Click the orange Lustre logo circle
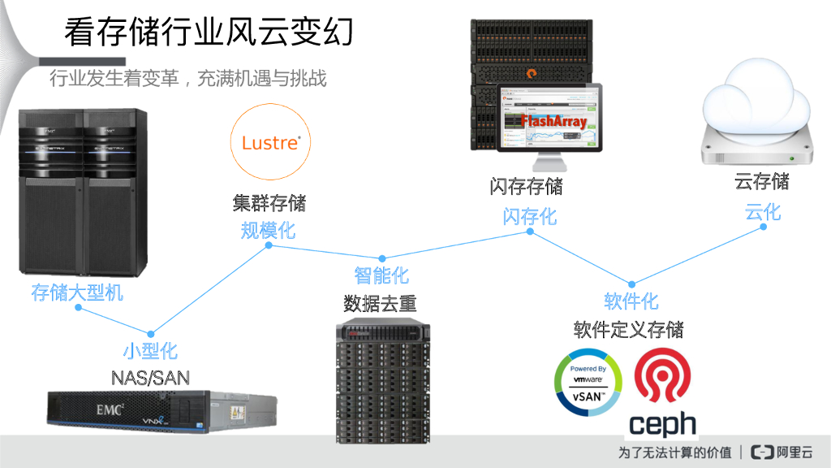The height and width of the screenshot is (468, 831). tap(270, 142)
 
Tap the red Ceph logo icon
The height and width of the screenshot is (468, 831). tap(663, 376)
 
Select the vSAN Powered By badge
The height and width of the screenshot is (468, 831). tap(588, 381)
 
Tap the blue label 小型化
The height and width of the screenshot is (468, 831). tap(150, 351)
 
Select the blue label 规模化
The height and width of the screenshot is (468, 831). tap(268, 230)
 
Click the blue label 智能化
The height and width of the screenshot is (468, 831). tap(381, 275)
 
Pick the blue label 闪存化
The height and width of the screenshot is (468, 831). tap(529, 216)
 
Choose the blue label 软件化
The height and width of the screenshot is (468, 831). tap(631, 301)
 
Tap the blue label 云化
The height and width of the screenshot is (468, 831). tap(763, 212)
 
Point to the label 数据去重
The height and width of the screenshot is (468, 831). tap(380, 304)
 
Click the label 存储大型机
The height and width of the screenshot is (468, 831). tap(77, 292)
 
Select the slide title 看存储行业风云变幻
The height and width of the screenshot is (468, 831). tap(209, 34)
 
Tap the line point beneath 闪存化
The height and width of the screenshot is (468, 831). tap(530, 232)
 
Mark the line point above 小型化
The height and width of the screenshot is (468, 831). tap(151, 332)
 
